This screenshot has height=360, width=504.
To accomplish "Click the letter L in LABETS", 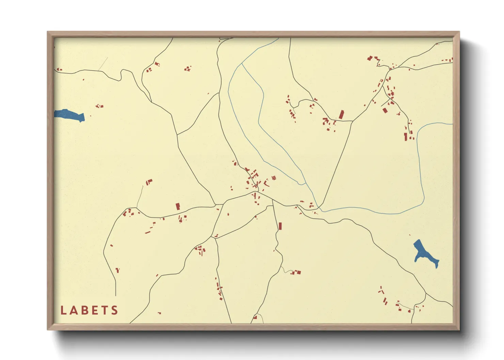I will pos(63,310).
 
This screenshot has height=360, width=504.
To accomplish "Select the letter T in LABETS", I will pos(105,310).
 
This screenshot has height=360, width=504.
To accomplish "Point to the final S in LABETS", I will pos(114,310).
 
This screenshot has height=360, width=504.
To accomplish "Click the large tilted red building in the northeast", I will pos(341,115).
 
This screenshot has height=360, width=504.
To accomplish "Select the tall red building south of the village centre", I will pos(280,226).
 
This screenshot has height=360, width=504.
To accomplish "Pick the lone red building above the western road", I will pos(177,206).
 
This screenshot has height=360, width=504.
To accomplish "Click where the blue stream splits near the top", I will pos(242,64).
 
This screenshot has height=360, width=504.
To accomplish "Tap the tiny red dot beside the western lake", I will pos(91,116).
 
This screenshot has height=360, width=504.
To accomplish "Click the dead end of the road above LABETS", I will pos(116,295).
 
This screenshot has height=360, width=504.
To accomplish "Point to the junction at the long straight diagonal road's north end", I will pos(352,121).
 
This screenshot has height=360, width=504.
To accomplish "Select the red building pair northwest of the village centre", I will pos(149,182).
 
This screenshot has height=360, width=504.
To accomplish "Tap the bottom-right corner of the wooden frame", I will pos(459,329).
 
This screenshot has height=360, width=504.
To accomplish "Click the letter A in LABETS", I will pos(73,310).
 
